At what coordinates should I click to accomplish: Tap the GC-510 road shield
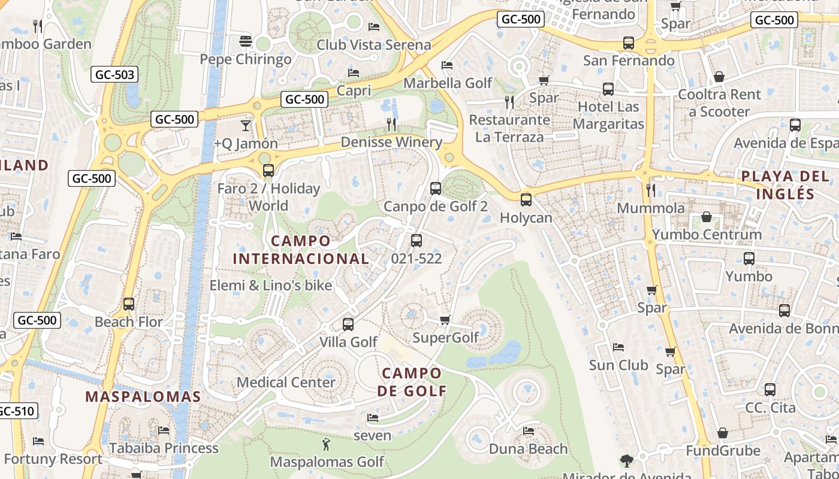pos(17,411)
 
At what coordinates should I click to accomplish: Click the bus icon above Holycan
pos(526,200)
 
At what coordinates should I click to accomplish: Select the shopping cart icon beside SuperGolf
pos(445,320)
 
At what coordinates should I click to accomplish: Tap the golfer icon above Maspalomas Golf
pos(326,444)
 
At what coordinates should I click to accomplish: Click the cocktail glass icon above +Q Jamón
pos(245,126)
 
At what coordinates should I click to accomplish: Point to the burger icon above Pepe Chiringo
pos(245,41)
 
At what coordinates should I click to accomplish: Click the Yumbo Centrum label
pos(707,234)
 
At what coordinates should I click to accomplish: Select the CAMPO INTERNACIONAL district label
pos(300,250)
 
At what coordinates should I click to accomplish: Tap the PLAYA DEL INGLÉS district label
pos(784,185)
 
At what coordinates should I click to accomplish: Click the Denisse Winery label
pos(391,142)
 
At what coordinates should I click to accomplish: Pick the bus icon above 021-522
pos(416,241)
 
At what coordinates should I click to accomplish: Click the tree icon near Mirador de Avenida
pos(627,460)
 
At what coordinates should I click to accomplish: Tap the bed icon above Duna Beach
pos(528,431)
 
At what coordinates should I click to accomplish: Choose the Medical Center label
pos(286,382)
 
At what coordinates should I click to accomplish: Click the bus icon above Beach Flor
pos(129,304)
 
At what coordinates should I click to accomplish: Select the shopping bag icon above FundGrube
pos(723,433)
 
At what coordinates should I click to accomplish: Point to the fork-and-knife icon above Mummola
pos(651,190)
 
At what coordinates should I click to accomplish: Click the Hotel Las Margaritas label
pos(608,115)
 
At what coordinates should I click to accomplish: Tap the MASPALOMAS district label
pos(143,396)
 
